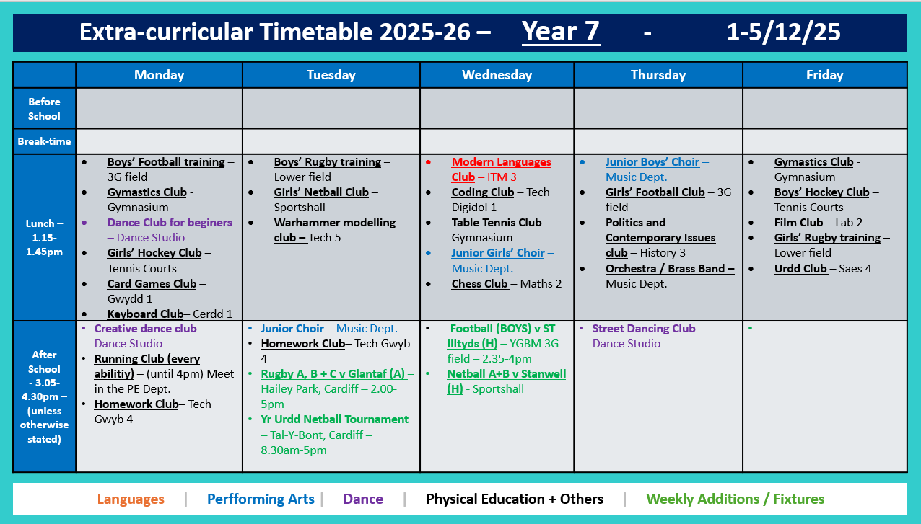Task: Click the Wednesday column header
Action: pos(497,75)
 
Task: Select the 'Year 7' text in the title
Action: pos(561,32)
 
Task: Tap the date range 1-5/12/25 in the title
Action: pos(783,32)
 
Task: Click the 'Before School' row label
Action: pos(44,109)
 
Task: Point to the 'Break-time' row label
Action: pos(44,141)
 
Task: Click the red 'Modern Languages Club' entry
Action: pos(501,169)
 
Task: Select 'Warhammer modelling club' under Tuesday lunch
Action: pos(334,230)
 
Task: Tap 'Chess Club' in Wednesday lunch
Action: pos(480,283)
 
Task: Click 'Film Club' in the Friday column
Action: pos(798,223)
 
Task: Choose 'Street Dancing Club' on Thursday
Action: pos(643,329)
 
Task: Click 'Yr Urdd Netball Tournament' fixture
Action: pos(334,419)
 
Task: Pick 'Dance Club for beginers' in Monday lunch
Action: pos(170,223)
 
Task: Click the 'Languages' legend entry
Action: pos(131,499)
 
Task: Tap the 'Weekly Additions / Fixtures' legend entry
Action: pos(735,499)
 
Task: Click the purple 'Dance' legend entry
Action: pos(363,499)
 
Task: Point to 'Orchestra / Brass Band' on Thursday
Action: pos(669,268)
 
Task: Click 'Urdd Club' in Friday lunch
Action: pos(800,268)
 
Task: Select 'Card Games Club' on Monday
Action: pos(152,283)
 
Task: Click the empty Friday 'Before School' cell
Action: pos(824,109)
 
